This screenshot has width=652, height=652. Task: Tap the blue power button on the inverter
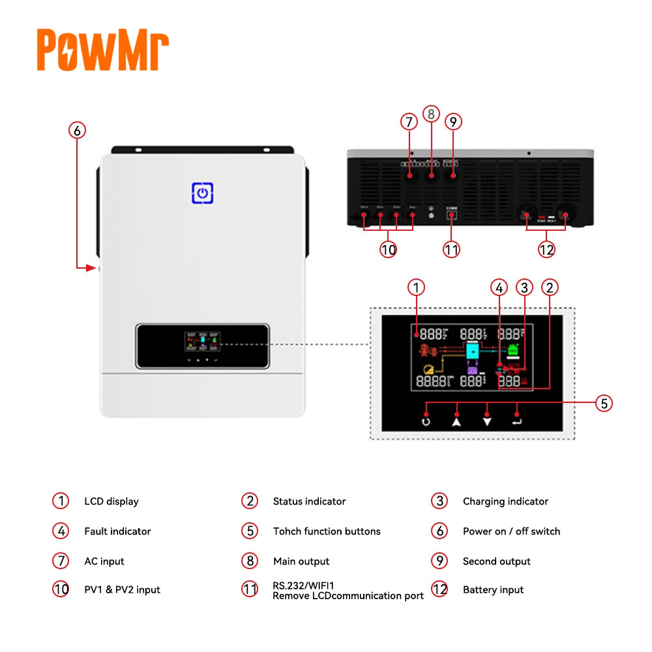pyautogui.click(x=203, y=193)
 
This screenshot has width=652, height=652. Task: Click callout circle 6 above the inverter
pyautogui.click(x=77, y=130)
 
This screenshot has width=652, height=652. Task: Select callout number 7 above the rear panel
pyautogui.click(x=409, y=122)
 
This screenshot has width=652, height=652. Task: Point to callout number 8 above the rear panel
pyautogui.click(x=431, y=114)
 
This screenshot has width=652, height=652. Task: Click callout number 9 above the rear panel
pyautogui.click(x=453, y=122)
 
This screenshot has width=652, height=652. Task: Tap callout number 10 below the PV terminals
pyautogui.click(x=389, y=249)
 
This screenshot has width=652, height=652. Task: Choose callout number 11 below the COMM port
pyautogui.click(x=451, y=249)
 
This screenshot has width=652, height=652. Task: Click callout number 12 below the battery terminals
pyautogui.click(x=546, y=249)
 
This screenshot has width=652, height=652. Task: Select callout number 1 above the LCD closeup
pyautogui.click(x=417, y=287)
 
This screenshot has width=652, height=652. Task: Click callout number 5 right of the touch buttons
pyautogui.click(x=604, y=404)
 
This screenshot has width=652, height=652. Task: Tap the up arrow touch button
pyautogui.click(x=456, y=421)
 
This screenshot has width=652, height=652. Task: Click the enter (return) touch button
pyautogui.click(x=517, y=421)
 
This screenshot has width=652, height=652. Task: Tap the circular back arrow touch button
pyautogui.click(x=426, y=421)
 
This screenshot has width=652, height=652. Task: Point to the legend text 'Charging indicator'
pyautogui.click(x=505, y=501)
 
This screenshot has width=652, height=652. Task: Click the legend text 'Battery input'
pyautogui.click(x=493, y=590)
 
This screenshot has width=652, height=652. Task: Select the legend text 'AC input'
pyautogui.click(x=104, y=561)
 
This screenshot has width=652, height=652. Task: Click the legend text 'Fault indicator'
pyautogui.click(x=117, y=531)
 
